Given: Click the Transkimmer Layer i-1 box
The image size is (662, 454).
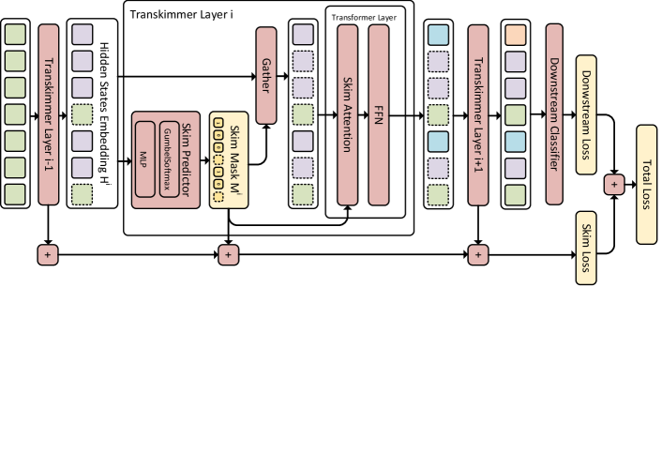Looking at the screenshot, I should (48, 113).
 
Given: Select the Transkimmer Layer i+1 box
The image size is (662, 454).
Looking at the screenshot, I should (477, 113).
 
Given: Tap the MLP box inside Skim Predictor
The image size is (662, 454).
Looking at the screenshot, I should (144, 159).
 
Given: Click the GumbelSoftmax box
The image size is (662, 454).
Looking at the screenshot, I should (169, 159).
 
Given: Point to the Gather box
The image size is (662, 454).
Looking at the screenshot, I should (266, 75).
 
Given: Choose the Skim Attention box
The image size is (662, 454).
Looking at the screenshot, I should (347, 113).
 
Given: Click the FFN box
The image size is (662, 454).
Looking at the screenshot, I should (378, 113).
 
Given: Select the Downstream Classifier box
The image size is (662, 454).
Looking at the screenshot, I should (554, 113).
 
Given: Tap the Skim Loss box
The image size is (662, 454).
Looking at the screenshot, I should (586, 247).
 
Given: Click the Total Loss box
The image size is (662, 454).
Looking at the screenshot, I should (646, 184).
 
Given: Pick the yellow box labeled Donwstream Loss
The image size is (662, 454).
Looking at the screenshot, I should (586, 114).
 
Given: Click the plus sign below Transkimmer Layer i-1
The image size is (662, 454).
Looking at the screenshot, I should (48, 254).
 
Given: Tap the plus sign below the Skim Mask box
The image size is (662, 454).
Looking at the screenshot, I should (229, 254).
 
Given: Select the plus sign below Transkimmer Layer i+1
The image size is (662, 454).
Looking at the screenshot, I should (477, 254).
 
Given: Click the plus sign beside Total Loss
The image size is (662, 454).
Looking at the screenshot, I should (614, 184).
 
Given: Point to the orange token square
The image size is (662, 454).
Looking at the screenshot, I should (516, 35).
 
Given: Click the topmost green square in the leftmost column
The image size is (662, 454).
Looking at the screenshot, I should (15, 35).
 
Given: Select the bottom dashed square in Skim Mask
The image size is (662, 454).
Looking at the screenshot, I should (218, 197).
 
